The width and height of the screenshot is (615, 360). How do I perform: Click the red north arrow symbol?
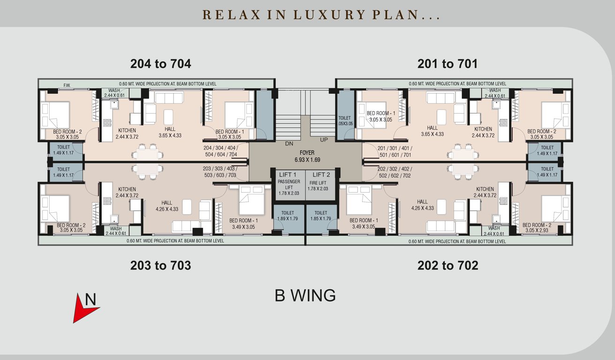[x=84, y=308]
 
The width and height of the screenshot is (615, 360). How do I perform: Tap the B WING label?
[x=305, y=296]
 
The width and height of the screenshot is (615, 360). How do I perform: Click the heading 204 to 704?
[x=160, y=64]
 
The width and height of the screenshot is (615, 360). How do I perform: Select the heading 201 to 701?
[x=448, y=64]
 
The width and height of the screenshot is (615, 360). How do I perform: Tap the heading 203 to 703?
[x=160, y=266]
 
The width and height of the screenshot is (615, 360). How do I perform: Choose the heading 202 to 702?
[x=448, y=266]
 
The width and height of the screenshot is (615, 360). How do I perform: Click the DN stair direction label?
[x=289, y=144]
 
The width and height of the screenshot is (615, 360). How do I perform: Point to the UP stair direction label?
[x=324, y=140]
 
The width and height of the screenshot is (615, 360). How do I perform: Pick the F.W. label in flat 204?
[x=67, y=85]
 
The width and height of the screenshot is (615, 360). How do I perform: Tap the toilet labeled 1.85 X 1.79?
[x=321, y=216]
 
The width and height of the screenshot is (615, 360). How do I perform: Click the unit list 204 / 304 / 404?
[x=220, y=151]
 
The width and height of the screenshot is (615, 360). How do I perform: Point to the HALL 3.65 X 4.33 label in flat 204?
[x=170, y=132]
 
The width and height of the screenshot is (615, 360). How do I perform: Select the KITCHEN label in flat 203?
[x=127, y=193]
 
